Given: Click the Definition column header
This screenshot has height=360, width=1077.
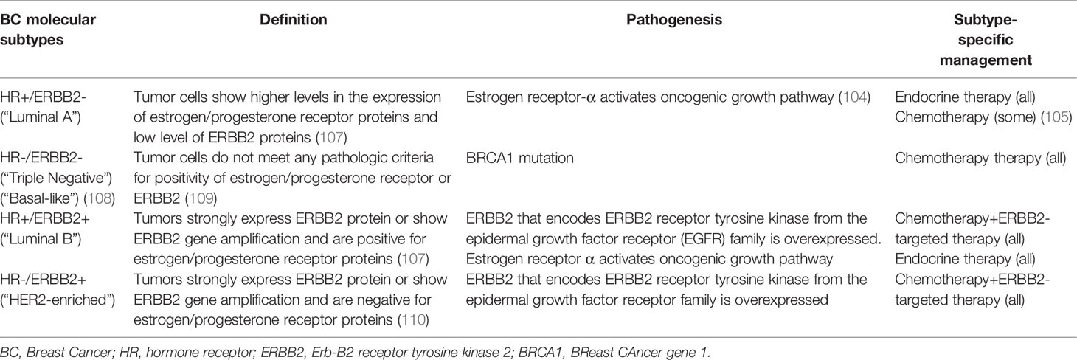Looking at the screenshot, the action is pyautogui.click(x=294, y=20).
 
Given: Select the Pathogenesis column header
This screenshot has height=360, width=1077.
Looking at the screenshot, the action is pyautogui.click(x=674, y=20).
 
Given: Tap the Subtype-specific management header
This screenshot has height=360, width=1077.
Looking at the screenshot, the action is pyautogui.click(x=986, y=40).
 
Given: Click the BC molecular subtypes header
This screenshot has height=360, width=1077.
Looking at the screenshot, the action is pyautogui.click(x=48, y=30).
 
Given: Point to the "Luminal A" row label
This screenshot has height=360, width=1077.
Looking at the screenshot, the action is pyautogui.click(x=41, y=117).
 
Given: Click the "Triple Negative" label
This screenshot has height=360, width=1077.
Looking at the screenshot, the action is pyautogui.click(x=56, y=179).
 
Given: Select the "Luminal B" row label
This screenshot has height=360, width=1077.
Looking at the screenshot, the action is pyautogui.click(x=41, y=239).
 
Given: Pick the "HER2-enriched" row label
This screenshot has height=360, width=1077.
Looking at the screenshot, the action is pyautogui.click(x=58, y=300).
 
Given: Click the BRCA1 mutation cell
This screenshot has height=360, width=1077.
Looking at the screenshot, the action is pyautogui.click(x=520, y=158).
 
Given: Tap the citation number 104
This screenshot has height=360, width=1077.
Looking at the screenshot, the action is pyautogui.click(x=854, y=97).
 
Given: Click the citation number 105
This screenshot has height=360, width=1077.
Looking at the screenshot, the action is pyautogui.click(x=1056, y=117).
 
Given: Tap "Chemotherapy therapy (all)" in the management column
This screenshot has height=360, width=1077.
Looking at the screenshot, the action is pyautogui.click(x=980, y=158).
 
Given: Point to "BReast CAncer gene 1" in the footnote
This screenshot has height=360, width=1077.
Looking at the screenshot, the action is pyautogui.click(x=640, y=353).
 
